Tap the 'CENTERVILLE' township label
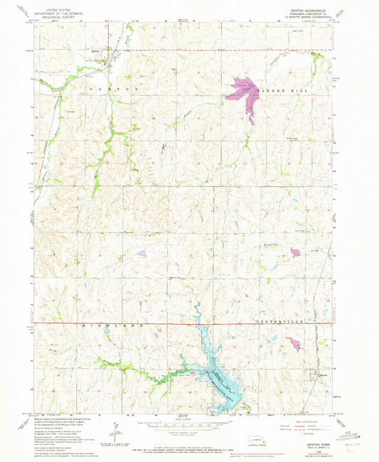(272, 325)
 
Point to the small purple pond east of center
(294, 252)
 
